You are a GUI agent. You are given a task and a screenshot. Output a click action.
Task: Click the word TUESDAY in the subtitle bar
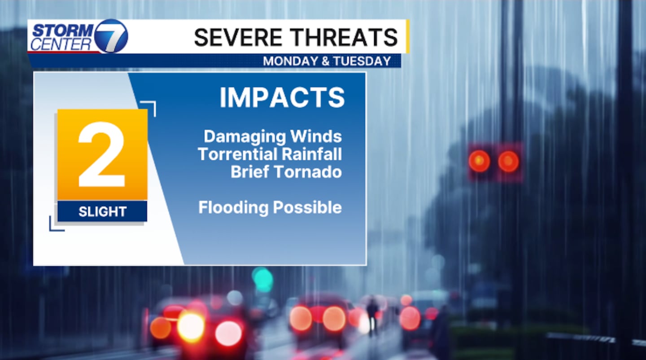pos(362,61)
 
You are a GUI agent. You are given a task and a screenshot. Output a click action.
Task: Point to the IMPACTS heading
pos(282,97)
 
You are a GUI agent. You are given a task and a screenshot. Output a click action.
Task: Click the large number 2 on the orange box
pos(102,154)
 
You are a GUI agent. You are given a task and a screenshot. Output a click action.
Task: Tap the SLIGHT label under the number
pos(102,212)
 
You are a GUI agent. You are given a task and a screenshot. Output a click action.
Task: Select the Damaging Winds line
pos(273,137)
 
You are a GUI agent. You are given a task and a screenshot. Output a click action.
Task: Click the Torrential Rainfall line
pos(270,154)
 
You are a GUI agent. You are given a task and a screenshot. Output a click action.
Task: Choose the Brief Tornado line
pos(286,172)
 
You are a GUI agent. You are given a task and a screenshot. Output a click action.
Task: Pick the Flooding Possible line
pos(270,207)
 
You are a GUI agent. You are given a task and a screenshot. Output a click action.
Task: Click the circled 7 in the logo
pos(111,36)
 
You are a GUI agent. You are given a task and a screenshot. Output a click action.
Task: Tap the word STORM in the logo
pos(63,31)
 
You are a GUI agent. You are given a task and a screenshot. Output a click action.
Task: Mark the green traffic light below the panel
pos(262,279)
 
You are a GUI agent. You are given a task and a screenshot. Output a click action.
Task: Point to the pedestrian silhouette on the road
pos(372,316)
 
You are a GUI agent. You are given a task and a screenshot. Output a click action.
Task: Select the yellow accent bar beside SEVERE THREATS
pos(408,36)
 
